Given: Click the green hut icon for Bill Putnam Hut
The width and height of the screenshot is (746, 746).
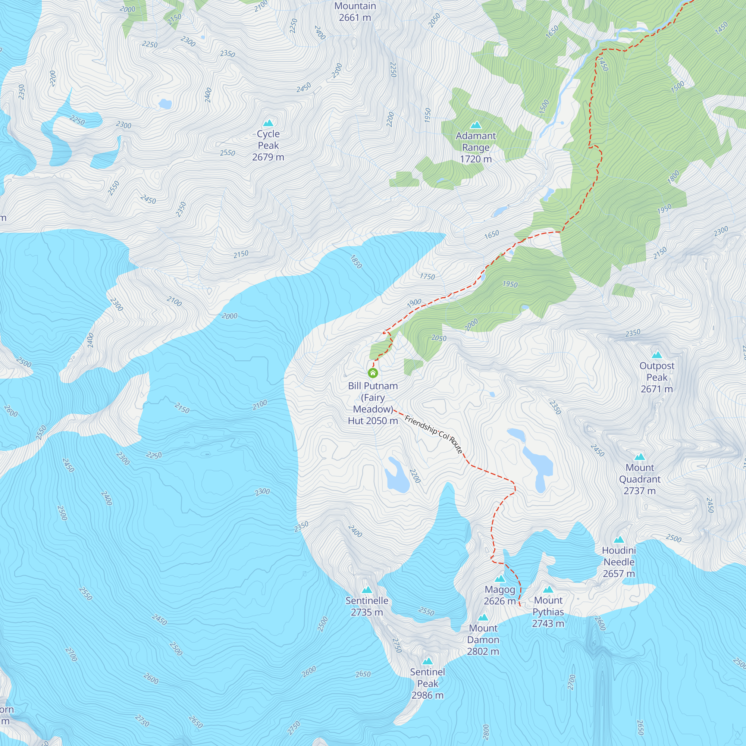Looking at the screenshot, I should [373, 373].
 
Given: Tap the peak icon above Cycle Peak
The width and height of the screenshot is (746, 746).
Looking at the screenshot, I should [268, 123].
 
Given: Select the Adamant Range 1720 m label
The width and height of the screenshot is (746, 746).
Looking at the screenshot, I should [476, 147].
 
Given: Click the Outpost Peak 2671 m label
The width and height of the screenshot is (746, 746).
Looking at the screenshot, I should [657, 377].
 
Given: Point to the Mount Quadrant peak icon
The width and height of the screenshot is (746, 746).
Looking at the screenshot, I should [640, 457].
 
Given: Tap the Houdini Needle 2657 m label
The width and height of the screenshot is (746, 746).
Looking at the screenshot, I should [618, 562].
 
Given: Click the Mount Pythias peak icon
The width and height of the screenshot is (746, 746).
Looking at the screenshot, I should [548, 590].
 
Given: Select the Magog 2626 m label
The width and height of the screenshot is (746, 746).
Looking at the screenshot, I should [500, 595].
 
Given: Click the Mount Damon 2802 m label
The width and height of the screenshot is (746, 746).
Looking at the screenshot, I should [483, 640].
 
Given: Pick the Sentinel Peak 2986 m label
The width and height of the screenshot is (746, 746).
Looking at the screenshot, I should [427, 683].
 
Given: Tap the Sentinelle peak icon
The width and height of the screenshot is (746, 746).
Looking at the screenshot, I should [367, 590].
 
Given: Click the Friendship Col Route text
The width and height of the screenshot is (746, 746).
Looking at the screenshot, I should [433, 434].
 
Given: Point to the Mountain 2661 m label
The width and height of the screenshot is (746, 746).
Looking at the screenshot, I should [355, 12].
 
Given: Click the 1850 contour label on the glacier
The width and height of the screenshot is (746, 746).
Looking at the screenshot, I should [356, 262].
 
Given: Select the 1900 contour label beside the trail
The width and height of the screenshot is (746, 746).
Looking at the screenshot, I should [414, 303].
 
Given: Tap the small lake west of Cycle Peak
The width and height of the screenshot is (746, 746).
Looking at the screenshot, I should [165, 104].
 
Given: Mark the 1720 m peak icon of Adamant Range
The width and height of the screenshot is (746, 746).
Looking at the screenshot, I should [476, 125].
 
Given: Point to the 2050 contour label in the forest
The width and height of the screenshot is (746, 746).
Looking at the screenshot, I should [439, 338].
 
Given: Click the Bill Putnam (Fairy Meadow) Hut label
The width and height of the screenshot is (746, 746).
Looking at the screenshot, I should [373, 403].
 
